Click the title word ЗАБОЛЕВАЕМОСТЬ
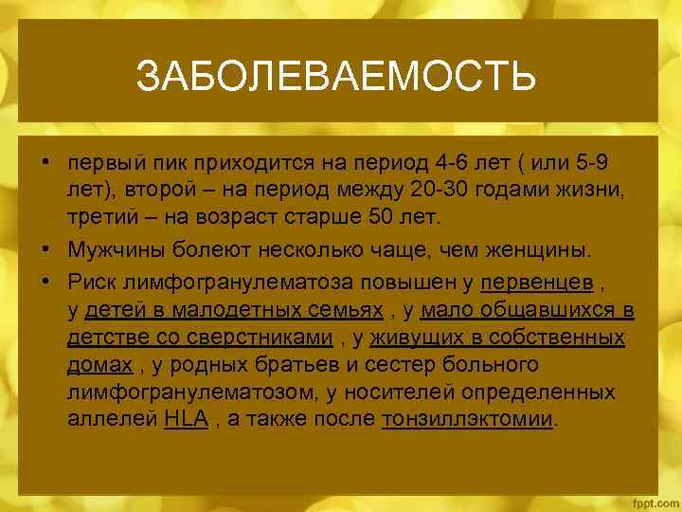pos(336,76)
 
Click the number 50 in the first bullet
pos(383,220)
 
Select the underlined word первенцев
pos(537,282)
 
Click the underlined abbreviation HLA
pos(186,418)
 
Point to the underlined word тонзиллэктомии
pos(467,418)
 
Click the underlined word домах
pos(99,364)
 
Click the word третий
pos(99,220)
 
